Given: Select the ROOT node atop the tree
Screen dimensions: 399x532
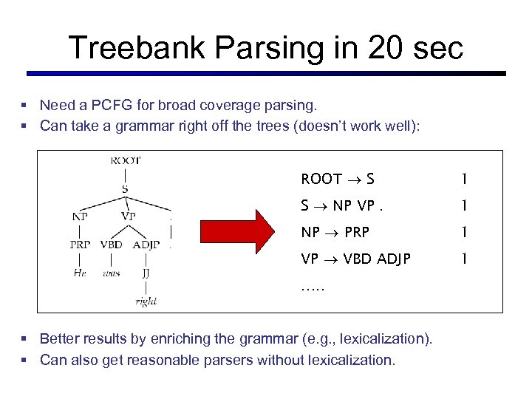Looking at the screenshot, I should tap(125, 160).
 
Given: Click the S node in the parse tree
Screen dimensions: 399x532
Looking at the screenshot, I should tap(125, 188).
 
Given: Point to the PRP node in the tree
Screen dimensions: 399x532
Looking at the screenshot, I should tap(81, 245).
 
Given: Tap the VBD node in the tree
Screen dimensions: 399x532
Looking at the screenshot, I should tap(111, 245).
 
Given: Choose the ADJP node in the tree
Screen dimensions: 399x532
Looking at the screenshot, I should tap(146, 245).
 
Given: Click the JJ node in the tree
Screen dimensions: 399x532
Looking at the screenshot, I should tap(146, 273).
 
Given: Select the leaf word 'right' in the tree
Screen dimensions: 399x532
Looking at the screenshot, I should tap(146, 301).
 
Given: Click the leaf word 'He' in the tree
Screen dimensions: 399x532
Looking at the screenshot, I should tap(80, 273).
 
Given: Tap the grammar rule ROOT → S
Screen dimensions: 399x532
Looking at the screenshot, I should tap(338, 179).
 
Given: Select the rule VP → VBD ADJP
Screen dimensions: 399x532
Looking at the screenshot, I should tap(355, 259).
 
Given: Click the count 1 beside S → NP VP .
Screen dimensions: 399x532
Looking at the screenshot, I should tap(463, 205).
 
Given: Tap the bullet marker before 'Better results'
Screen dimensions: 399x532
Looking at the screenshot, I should tap(24, 339).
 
